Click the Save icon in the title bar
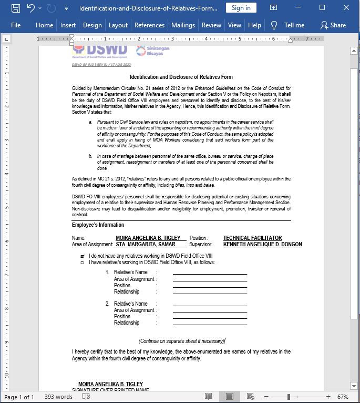15,8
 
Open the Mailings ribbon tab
183,25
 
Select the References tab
149,25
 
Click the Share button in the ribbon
333,25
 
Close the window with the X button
347,8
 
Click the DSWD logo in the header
100,51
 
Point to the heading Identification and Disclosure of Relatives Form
181,77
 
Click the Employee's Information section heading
98,225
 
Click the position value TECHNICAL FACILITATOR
252,238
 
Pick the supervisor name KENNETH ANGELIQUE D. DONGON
262,244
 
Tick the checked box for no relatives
82,256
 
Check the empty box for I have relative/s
82,263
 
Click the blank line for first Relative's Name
209,272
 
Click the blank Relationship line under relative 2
209,323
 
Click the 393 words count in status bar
58,397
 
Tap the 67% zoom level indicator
343,397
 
